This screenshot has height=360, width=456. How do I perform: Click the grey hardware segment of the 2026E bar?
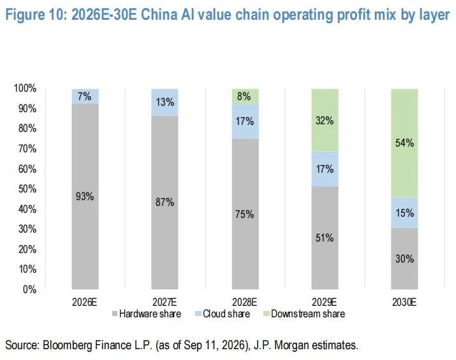pos(85,196)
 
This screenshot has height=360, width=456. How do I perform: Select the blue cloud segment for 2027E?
pos(165,103)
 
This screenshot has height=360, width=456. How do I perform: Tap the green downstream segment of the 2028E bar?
pos(245,96)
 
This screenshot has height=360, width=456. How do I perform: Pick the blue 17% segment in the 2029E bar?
pos(325,169)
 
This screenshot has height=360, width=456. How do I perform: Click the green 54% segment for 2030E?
pos(404,143)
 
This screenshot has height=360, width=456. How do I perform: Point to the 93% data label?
pos(85,197)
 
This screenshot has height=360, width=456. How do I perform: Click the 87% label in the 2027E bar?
pos(165,202)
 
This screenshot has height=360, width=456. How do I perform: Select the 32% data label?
pos(325,120)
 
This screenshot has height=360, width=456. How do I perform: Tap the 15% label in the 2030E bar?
pos(404,213)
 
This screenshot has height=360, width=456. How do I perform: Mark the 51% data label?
pos(325,238)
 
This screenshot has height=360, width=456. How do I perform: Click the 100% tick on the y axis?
pos(25,89)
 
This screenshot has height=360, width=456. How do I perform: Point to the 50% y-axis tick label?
pos(27,189)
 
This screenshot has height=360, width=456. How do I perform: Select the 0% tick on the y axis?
pos(30,289)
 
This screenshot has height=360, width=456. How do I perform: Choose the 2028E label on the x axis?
pos(244,303)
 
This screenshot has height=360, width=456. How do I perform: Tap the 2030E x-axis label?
pos(404,303)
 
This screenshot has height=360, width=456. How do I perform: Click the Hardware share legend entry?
pos(147,313)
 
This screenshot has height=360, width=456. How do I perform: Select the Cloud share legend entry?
pos(223,313)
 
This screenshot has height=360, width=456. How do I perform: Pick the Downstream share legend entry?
pos(304,313)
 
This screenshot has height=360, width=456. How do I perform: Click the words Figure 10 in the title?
pos(36,15)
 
